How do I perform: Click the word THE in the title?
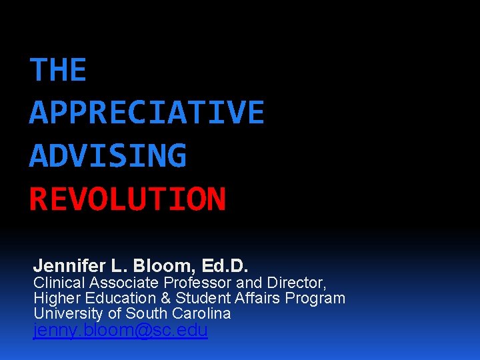point(58,70)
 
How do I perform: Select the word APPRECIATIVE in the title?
point(147,113)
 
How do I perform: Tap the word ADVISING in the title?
point(108,156)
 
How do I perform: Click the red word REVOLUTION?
point(127,199)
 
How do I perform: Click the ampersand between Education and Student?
point(164,298)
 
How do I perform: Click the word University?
point(69,313)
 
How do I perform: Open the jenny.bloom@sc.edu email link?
point(121,331)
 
